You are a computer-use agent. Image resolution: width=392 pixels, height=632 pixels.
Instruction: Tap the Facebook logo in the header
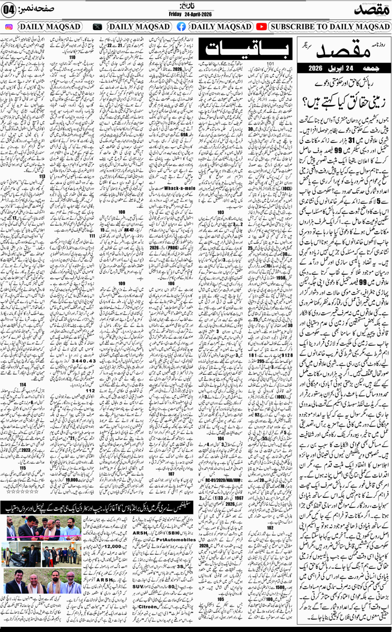182,26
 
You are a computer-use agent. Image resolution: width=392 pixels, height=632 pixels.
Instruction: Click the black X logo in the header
97,26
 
